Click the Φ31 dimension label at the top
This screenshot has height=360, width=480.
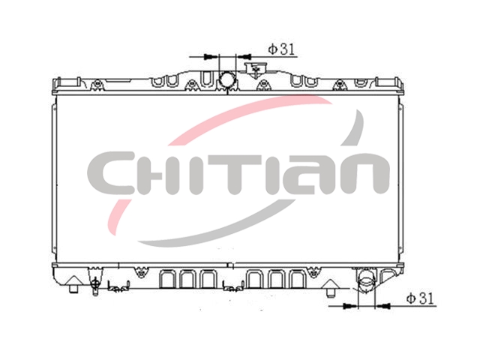tap(281, 49)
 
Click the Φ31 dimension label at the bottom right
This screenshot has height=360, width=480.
tap(420, 298)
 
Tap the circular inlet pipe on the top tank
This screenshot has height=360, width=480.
tap(227, 79)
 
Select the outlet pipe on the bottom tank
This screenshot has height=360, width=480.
tap(367, 280)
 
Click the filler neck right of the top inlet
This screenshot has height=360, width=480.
tap(255, 68)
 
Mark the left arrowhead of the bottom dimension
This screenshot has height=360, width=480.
tap(349, 306)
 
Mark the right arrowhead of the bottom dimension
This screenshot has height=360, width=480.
tap(383, 305)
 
